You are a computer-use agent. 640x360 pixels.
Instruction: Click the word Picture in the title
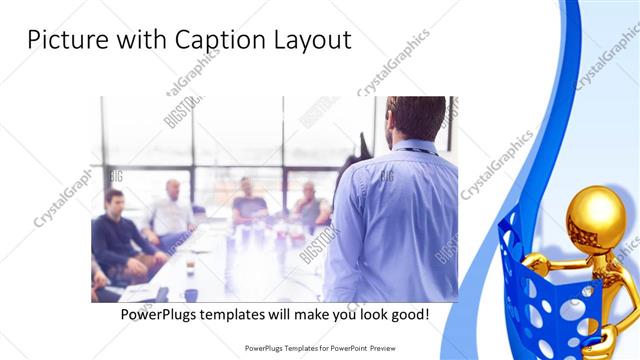click(63, 40)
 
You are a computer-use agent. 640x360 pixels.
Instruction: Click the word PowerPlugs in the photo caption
click(159, 314)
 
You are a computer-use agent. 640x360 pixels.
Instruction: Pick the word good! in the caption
click(408, 314)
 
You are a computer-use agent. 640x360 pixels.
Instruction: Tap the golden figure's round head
click(596, 215)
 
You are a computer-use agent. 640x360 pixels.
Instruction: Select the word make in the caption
click(305, 314)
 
